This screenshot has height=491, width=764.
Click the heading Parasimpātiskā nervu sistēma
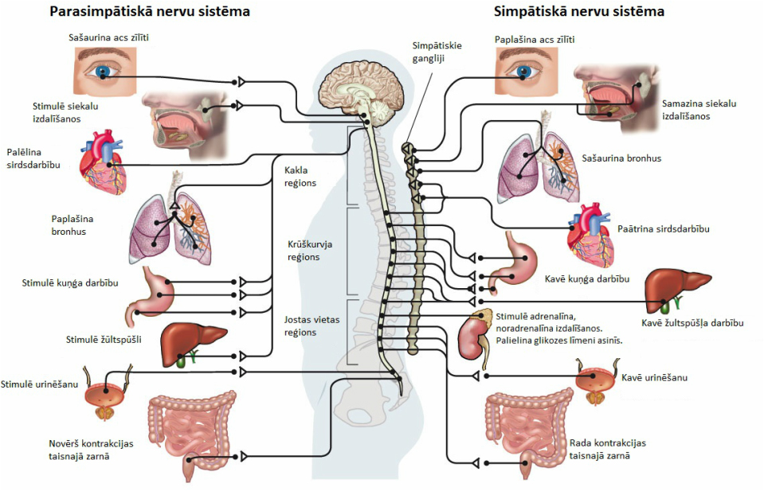click(x=150, y=12)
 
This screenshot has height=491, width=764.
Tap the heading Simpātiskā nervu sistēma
click(x=579, y=12)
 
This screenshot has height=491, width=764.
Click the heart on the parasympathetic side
click(x=103, y=163)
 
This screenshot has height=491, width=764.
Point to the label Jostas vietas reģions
click(x=311, y=325)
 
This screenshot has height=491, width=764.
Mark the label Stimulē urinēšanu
click(x=40, y=384)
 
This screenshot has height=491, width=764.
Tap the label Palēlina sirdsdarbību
click(x=33, y=158)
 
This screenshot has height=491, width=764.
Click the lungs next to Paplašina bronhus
click(x=169, y=227)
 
